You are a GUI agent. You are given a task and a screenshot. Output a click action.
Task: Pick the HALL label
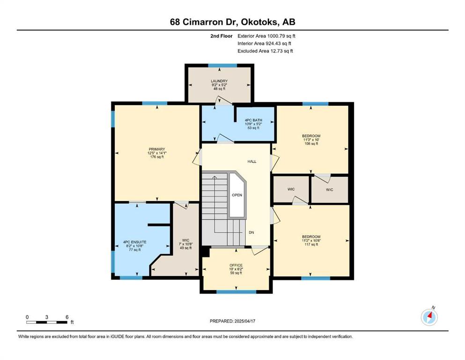252,162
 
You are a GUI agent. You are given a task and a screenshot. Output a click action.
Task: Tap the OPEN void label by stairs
237,195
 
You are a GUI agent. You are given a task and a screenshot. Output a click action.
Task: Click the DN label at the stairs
251,232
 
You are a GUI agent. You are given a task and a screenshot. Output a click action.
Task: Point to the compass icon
429,317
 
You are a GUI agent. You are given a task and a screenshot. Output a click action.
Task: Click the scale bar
47,322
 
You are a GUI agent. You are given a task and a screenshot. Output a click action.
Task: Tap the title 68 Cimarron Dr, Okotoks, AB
232,22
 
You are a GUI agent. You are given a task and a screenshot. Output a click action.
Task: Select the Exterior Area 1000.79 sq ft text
266,36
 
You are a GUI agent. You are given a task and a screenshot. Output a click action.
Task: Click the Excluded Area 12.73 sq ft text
265,51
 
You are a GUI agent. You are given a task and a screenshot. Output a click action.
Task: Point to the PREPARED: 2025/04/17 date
232,321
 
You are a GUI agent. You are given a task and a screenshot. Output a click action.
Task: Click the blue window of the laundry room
222,65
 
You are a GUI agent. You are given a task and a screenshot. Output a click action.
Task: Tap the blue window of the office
236,292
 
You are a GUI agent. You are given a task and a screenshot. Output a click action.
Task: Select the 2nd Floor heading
221,36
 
